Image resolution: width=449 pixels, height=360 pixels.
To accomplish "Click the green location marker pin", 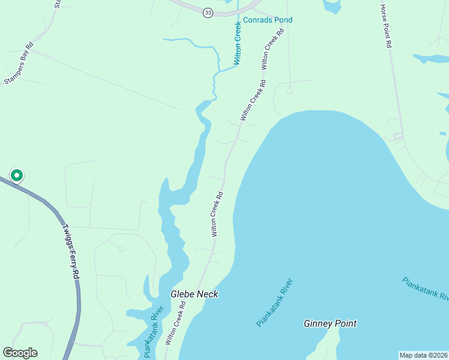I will pos(17,175).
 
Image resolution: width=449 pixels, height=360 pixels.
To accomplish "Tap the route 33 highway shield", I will pos(208,13).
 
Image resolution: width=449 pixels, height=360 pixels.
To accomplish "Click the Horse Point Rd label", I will pos(386,26).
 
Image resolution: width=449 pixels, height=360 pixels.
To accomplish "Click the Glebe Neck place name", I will pos(194,295).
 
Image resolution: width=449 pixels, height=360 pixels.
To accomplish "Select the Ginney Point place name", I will pos(330,324).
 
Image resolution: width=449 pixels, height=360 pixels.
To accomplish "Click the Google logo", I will pos(20,353).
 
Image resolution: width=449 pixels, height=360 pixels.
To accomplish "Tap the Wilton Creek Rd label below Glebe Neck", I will pos(175,322).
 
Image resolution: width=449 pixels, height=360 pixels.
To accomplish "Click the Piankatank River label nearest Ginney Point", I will pos(274,302).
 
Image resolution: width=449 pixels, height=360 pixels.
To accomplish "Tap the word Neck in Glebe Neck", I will pos(207,295).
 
